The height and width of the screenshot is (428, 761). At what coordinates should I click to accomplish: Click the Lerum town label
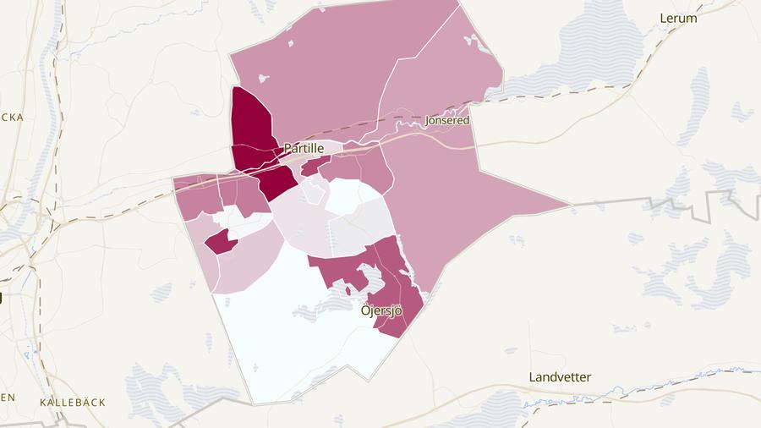678,18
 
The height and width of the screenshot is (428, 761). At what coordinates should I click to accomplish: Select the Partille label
304,148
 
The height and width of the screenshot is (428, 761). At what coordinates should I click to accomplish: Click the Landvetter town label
560,377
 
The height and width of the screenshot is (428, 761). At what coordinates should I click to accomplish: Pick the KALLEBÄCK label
73,403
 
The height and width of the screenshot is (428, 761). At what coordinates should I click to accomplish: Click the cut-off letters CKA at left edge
12,117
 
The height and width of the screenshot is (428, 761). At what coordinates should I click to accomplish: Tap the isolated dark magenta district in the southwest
221,242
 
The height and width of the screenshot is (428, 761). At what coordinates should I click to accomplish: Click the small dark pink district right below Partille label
312,167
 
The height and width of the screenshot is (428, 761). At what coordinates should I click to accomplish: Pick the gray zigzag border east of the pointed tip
676,202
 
